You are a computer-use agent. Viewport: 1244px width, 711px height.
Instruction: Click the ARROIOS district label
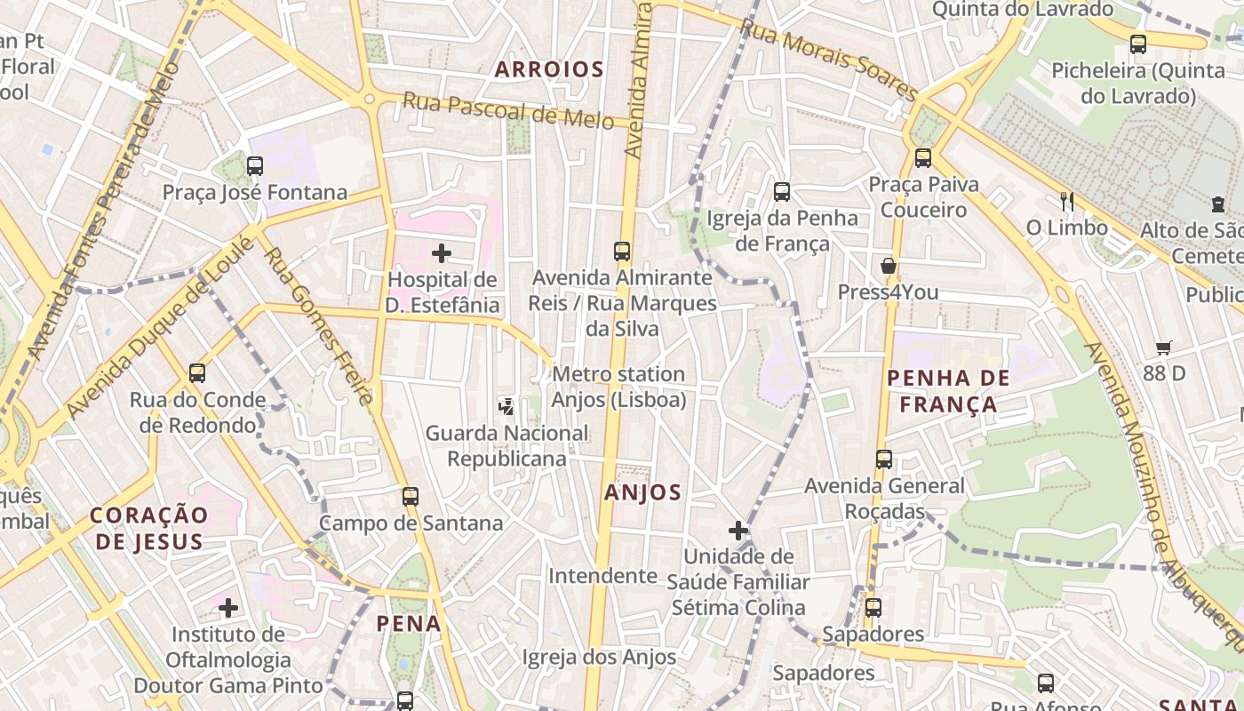click(x=549, y=69)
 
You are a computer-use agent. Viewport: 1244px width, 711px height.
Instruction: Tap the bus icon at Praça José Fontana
click(x=255, y=165)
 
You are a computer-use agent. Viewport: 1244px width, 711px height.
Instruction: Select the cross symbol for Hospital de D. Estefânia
click(x=441, y=253)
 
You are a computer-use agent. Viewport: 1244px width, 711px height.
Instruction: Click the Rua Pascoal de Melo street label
click(x=507, y=110)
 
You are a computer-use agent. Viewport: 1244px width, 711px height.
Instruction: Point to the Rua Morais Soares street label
click(x=827, y=60)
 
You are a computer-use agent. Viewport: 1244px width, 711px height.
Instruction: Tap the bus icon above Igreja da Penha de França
click(x=782, y=191)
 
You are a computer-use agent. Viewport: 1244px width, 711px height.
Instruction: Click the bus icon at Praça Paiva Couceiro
click(x=923, y=158)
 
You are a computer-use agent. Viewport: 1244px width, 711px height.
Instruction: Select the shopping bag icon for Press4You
click(x=888, y=266)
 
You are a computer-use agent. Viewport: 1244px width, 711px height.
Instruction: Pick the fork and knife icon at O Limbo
click(x=1067, y=202)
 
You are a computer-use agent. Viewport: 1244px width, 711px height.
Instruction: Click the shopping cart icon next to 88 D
click(x=1164, y=348)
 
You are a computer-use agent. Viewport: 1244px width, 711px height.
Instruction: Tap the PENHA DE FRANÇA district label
click(x=949, y=391)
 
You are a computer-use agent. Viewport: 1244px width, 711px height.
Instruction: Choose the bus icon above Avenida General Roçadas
click(x=883, y=459)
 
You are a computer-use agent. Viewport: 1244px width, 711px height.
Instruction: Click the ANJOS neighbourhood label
click(x=642, y=492)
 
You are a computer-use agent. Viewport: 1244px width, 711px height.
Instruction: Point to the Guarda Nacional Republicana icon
click(x=506, y=407)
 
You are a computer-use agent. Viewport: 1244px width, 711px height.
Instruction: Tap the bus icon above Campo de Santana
click(x=410, y=497)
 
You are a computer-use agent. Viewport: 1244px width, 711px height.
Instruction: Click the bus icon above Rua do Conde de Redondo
click(x=197, y=373)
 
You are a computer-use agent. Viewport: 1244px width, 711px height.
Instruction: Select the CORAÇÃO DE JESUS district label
click(x=149, y=528)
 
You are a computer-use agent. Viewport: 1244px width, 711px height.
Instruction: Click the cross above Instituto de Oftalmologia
click(x=228, y=608)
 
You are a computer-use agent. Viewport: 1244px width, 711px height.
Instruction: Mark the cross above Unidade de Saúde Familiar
click(x=738, y=531)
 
